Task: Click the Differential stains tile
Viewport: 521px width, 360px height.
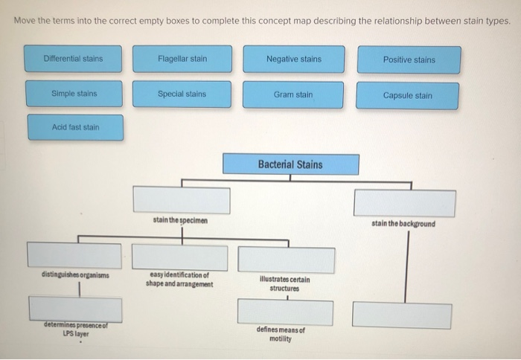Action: pyautogui.click(x=73, y=59)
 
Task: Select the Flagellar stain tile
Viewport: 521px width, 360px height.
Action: pyautogui.click(x=182, y=59)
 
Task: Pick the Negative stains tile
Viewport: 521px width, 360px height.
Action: pyautogui.click(x=293, y=60)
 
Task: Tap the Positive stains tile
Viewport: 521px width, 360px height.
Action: pyautogui.click(x=409, y=60)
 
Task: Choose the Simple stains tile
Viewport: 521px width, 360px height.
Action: pyautogui.click(x=74, y=94)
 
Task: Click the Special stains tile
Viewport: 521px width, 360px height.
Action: pyautogui.click(x=182, y=94)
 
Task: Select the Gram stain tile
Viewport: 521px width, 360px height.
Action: pyautogui.click(x=293, y=95)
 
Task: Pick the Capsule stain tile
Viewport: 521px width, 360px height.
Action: pyautogui.click(x=407, y=96)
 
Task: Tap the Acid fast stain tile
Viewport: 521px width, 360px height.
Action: pyautogui.click(x=75, y=127)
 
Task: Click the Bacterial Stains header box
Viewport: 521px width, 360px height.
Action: pyautogui.click(x=290, y=164)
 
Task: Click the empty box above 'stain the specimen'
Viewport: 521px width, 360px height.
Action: pyautogui.click(x=182, y=200)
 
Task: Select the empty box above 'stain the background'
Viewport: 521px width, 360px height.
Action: pyautogui.click(x=404, y=203)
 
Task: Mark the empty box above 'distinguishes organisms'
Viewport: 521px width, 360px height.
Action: pyautogui.click(x=74, y=255)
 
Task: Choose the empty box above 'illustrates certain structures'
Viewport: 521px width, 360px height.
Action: pyautogui.click(x=285, y=259)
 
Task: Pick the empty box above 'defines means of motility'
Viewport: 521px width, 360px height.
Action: pyautogui.click(x=285, y=312)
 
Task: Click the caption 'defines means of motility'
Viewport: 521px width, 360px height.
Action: pyautogui.click(x=280, y=334)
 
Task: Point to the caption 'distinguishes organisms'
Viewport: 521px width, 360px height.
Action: pyautogui.click(x=74, y=275)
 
